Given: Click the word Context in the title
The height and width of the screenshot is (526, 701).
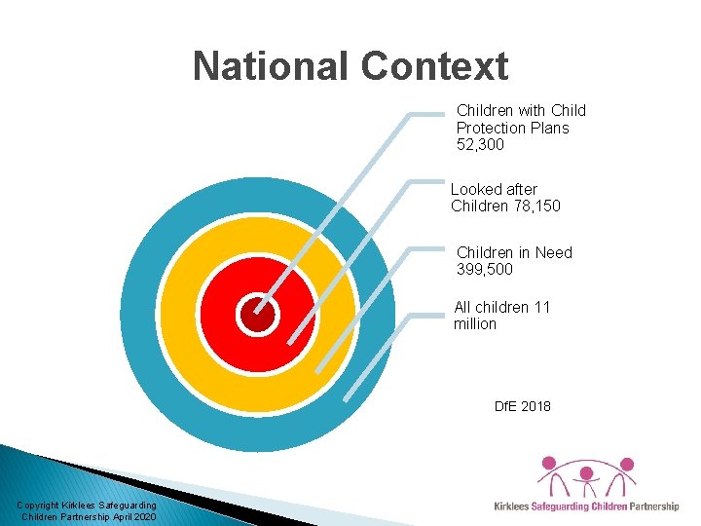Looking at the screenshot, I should tap(435, 66).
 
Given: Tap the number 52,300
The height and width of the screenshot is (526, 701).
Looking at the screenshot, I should tap(480, 145).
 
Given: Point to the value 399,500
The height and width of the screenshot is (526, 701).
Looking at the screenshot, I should tap(484, 269).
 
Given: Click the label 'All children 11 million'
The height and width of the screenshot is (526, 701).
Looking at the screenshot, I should tap(501, 315).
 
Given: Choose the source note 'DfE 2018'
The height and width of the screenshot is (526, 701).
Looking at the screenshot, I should tap(522, 405).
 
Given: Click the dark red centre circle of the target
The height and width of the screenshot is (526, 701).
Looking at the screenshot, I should tap(258, 314).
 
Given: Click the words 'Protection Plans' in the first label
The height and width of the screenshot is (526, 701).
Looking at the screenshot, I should tap(512, 128).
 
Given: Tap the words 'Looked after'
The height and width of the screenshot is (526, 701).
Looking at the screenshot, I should tap(494, 189).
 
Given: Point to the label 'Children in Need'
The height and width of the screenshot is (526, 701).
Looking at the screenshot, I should tap(514, 252).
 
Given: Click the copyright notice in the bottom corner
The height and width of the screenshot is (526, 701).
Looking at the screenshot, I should tap(88, 509).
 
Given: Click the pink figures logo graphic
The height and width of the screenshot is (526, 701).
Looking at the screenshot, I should tap(587, 476).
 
